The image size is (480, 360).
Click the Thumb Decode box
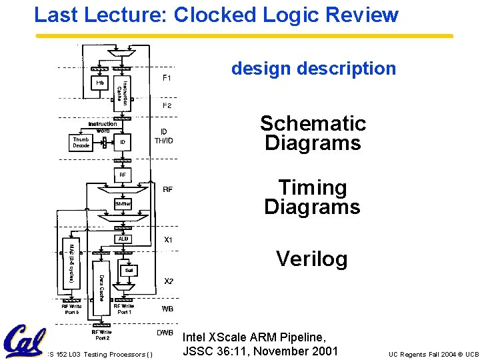(x=81, y=142)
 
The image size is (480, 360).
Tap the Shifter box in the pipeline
(x=123, y=203)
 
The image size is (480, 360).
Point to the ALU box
(x=123, y=238)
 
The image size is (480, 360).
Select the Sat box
(x=128, y=270)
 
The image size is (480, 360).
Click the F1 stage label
(x=167, y=78)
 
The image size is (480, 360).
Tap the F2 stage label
(x=167, y=105)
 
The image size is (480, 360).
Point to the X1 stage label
(x=169, y=239)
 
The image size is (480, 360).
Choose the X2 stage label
(x=169, y=281)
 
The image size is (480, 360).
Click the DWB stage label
(x=165, y=333)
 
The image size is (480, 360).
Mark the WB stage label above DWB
(x=167, y=309)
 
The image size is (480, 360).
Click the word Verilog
(x=311, y=259)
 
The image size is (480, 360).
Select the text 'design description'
(x=313, y=69)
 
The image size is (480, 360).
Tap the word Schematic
(x=313, y=123)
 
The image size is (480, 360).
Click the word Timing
(x=312, y=188)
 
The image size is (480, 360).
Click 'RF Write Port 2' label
(x=102, y=335)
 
